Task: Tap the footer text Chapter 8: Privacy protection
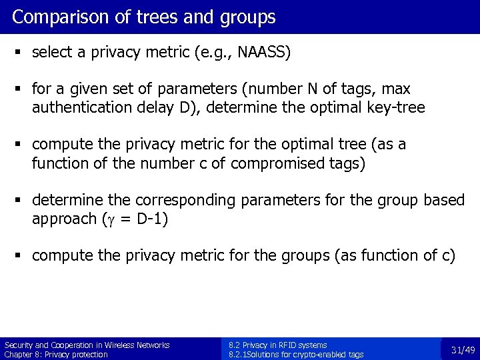click(x=56, y=355)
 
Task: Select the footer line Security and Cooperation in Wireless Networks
click(x=87, y=345)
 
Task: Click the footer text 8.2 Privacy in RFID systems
click(x=277, y=345)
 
